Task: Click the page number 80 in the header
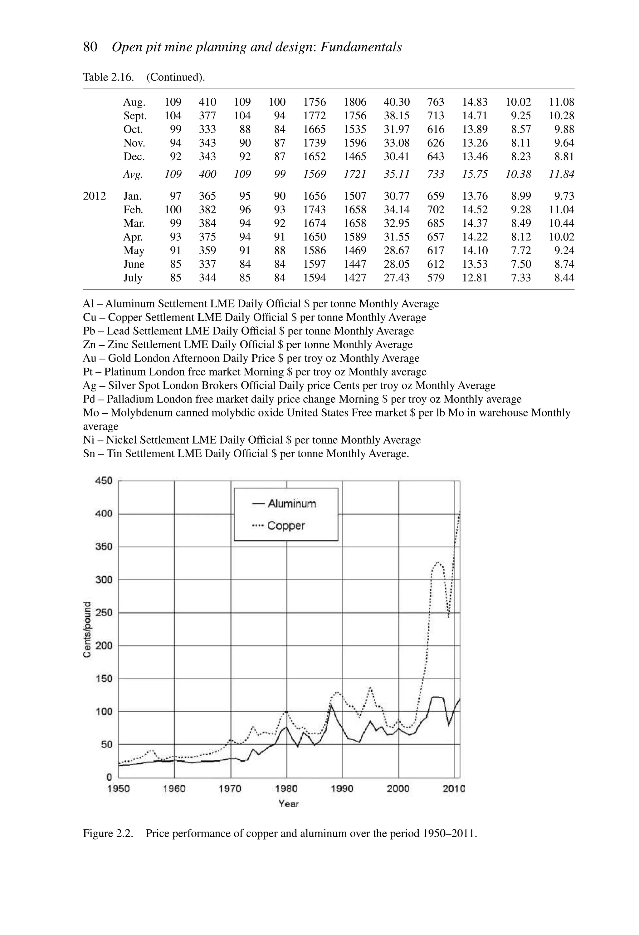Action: point(90,47)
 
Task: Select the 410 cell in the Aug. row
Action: point(207,102)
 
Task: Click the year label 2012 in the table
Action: point(95,196)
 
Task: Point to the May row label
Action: point(134,251)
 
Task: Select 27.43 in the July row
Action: point(396,278)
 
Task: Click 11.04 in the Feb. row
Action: point(561,210)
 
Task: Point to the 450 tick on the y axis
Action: point(104,481)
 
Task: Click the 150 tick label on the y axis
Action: point(104,679)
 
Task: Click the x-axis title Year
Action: point(289,804)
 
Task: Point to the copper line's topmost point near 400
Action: point(459,512)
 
